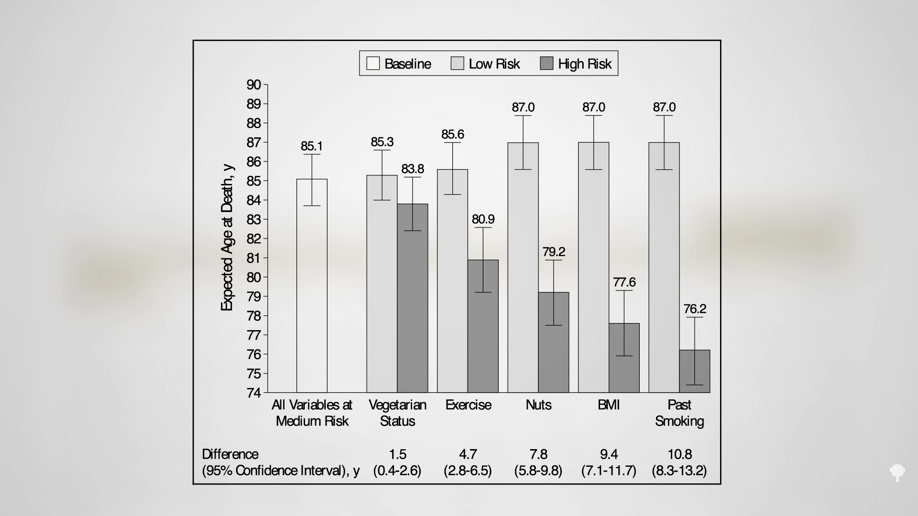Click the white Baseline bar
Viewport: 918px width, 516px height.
[312, 286]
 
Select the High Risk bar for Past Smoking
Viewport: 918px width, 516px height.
[695, 371]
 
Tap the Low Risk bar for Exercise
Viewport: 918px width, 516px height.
[452, 281]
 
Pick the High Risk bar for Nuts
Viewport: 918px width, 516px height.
[554, 342]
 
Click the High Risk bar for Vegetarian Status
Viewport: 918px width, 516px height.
[413, 298]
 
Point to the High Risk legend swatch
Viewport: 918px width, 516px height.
[546, 64]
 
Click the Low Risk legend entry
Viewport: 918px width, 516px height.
[485, 64]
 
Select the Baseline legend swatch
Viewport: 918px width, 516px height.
[373, 64]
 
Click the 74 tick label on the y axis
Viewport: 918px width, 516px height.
[253, 393]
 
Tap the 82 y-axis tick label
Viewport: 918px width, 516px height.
[253, 239]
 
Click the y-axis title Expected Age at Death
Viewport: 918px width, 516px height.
[227, 237]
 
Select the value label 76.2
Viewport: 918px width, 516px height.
[695, 309]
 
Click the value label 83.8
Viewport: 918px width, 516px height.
[413, 169]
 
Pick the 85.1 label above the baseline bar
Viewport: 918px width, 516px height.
[312, 146]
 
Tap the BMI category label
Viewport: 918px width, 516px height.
[609, 405]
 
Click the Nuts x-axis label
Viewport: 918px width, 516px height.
[538, 405]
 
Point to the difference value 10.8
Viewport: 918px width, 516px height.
[679, 454]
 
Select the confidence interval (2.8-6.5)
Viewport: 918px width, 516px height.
[468, 471]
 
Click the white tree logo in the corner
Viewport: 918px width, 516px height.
[897, 473]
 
